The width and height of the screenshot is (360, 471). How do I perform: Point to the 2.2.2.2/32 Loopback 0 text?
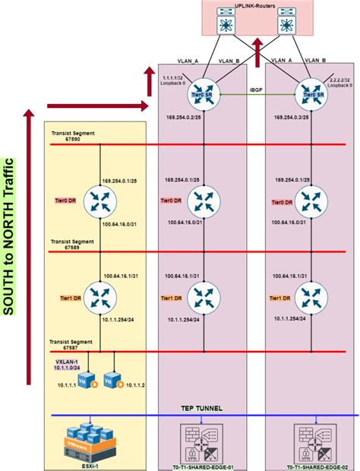coord(341,81)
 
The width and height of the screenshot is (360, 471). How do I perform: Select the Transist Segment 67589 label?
coord(72,244)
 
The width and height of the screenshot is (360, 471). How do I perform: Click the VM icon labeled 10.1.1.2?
coord(114,378)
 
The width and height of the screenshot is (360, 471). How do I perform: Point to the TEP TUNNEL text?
coord(201,408)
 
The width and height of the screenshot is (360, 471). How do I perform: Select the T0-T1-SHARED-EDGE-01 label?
coord(202,466)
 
